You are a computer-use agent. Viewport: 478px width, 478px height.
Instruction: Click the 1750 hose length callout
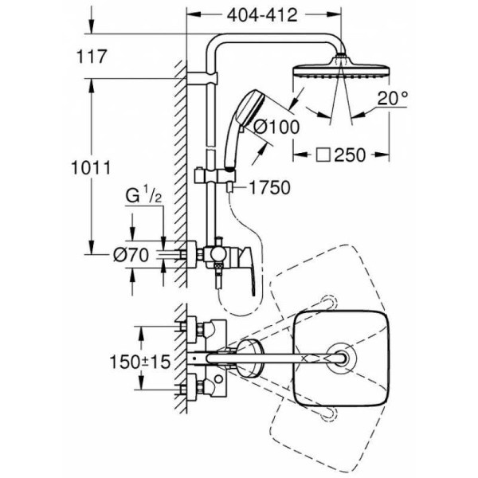click(x=268, y=188)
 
